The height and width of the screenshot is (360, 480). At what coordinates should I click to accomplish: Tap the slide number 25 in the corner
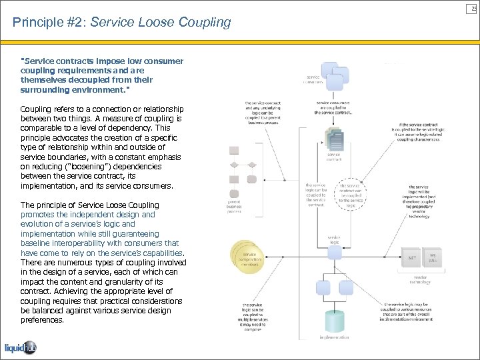point(473,7)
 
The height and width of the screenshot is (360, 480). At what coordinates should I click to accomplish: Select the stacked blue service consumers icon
point(335,75)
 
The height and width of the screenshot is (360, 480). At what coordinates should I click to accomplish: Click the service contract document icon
point(333,141)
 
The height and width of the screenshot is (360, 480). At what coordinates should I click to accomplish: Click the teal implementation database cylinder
point(333,321)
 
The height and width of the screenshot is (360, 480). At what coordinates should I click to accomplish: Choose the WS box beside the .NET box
point(432,257)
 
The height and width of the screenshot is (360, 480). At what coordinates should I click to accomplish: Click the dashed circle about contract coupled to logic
point(351,193)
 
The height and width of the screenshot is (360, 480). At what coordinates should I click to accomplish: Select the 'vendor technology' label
point(421,280)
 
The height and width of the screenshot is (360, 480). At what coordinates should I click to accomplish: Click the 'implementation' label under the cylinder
point(333,338)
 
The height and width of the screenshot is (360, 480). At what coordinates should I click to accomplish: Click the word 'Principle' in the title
point(35,23)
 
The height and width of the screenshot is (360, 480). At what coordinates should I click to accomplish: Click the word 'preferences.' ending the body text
point(43,320)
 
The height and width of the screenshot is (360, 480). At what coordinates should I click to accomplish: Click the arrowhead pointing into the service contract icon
point(333,125)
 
